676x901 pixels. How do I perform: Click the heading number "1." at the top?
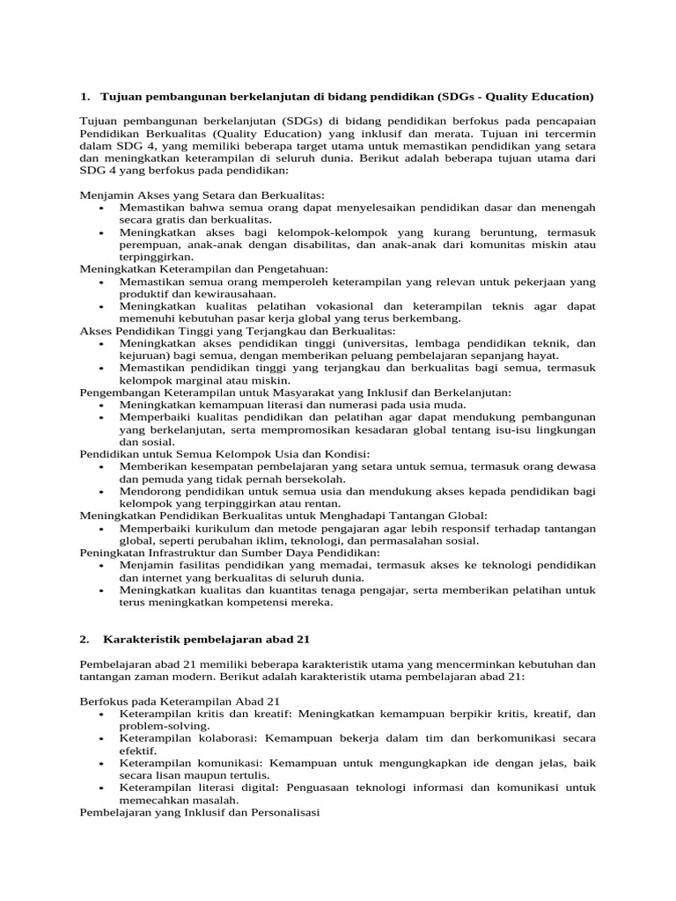85,95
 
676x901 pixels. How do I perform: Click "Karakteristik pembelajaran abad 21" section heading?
207,637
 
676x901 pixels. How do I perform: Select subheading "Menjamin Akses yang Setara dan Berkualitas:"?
202,194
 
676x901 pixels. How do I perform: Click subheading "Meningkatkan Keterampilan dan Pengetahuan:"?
204,268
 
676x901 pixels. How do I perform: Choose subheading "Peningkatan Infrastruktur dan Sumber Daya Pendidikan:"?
230,552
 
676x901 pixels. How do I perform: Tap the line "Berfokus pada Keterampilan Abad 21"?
180,700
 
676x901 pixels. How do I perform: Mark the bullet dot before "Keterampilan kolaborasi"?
102,738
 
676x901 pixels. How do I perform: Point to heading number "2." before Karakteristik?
85,637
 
